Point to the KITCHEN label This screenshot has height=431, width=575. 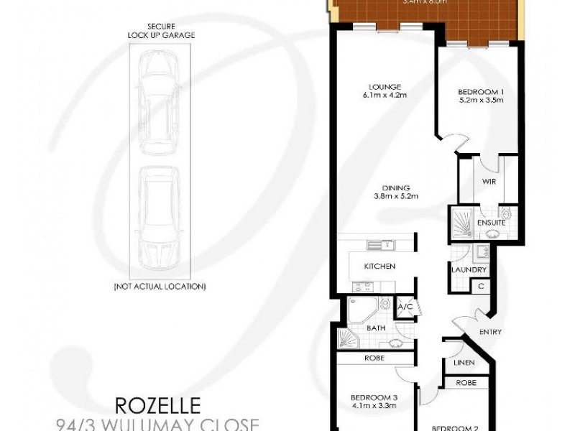pos(380,267)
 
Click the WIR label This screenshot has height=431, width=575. pos(489,182)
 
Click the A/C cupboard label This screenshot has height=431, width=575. pos(404,306)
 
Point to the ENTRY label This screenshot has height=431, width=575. pos(491,332)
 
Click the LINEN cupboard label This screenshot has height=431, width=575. pos(463,363)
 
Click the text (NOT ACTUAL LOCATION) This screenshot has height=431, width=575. pos(160,287)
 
